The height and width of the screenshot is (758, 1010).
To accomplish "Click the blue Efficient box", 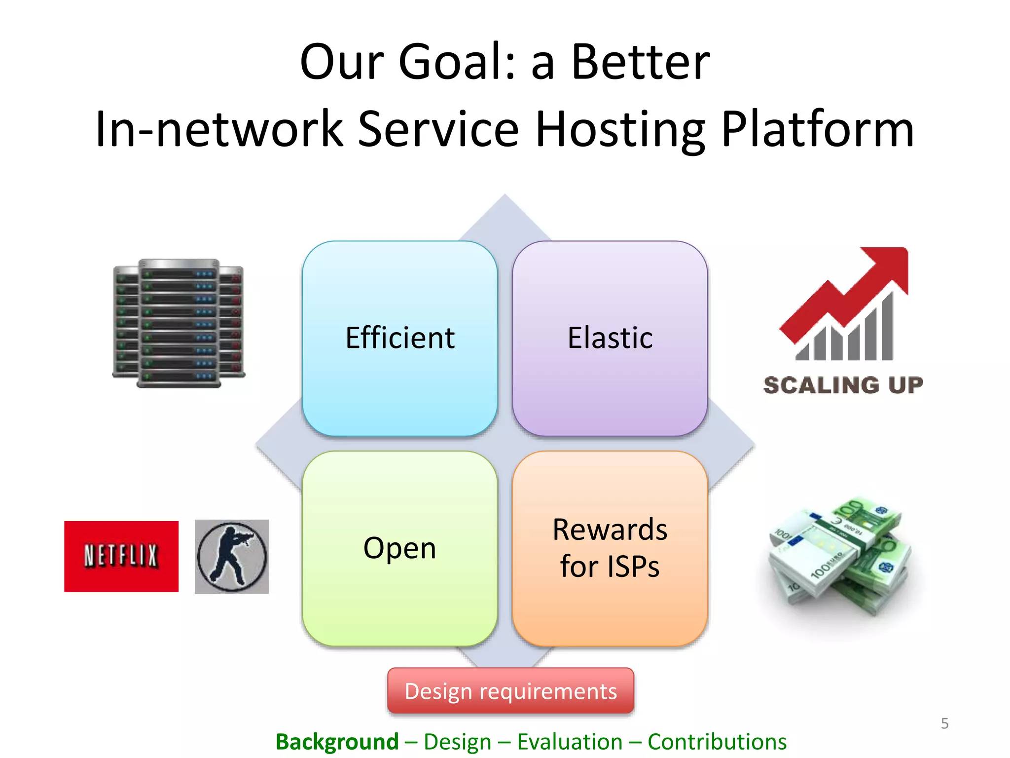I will pyautogui.click(x=399, y=339).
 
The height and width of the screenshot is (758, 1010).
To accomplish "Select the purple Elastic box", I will pyautogui.click(x=610, y=339).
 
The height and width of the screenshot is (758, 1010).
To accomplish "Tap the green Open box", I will pyautogui.click(x=399, y=548).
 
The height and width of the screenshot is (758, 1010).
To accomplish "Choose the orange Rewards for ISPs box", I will pyautogui.click(x=610, y=548).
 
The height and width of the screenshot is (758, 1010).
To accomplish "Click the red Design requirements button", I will pyautogui.click(x=510, y=691).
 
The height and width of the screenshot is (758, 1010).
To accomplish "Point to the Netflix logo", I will pyautogui.click(x=121, y=556).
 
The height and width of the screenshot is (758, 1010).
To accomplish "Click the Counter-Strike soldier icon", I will pyautogui.click(x=231, y=556).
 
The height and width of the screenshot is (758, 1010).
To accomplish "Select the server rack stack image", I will pyautogui.click(x=179, y=323).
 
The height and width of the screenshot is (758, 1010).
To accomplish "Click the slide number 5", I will pyautogui.click(x=944, y=723).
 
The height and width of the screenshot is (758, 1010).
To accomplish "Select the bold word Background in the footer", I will pyautogui.click(x=337, y=742).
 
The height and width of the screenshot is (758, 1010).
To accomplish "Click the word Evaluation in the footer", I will pyautogui.click(x=570, y=742).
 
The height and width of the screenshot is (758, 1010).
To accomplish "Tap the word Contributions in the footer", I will pyautogui.click(x=717, y=742).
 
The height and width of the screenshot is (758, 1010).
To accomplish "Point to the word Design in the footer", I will pyautogui.click(x=457, y=742).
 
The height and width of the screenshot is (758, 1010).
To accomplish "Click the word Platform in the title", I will pyautogui.click(x=817, y=129).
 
